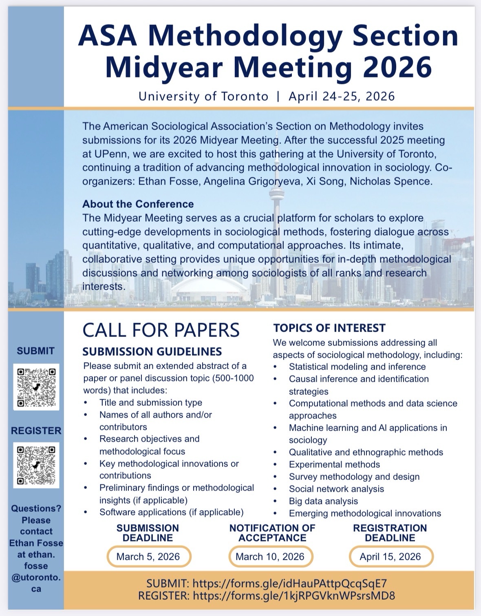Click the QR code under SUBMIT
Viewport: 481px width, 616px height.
[36, 387]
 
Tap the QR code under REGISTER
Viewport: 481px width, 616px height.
[36, 465]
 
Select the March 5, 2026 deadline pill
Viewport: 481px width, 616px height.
[148, 557]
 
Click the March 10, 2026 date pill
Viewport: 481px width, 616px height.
[270, 557]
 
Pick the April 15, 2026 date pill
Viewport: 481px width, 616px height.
[390, 557]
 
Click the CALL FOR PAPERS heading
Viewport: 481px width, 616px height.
[161, 330]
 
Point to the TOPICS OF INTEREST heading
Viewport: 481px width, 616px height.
[329, 328]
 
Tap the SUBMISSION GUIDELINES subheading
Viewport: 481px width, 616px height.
[152, 351]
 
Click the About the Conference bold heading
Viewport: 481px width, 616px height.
[138, 204]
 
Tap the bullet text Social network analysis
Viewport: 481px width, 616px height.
[336, 489]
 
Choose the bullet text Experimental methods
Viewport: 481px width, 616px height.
[334, 464]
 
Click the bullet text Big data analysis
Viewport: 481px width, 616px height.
[323, 501]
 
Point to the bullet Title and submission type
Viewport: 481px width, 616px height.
[150, 403]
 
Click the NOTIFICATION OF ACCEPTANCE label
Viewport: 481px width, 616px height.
[272, 532]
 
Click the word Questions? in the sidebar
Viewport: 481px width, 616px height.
[36, 508]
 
